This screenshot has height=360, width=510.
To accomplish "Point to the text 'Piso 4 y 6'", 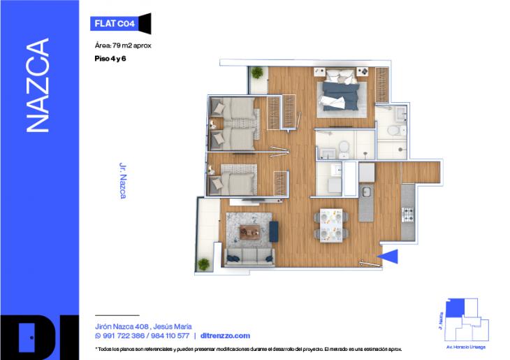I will click(110, 59).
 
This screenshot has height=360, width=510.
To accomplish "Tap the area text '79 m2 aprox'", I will click(133, 45).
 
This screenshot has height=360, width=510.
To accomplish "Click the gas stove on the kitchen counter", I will click(407, 212).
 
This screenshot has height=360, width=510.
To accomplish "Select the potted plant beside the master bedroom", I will click(258, 73).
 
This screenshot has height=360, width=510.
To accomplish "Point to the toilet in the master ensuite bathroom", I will click(394, 130).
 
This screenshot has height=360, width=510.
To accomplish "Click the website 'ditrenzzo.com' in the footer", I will click(224, 336).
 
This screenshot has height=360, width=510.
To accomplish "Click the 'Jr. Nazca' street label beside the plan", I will click(123, 182).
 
